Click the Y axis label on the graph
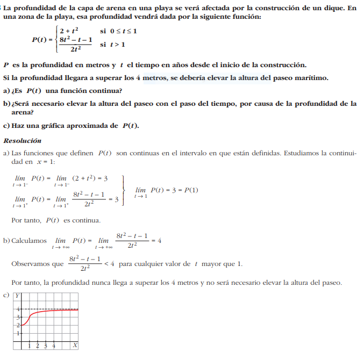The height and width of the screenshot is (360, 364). pyautogui.click(x=18, y=296)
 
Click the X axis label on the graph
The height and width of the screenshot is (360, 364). pyautogui.click(x=75, y=344)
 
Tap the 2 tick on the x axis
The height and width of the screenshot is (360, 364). pyautogui.click(x=38, y=345)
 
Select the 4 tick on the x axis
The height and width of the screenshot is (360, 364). pyautogui.click(x=54, y=345)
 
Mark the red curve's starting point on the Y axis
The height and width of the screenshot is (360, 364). pyautogui.click(x=22, y=325)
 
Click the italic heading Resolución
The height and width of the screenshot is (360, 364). pyautogui.click(x=22, y=141)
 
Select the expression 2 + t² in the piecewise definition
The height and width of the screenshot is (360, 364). pyautogui.click(x=69, y=31)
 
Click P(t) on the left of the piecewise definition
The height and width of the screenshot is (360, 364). pyautogui.click(x=40, y=40)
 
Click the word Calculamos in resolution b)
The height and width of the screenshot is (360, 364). pyautogui.click(x=29, y=241)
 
